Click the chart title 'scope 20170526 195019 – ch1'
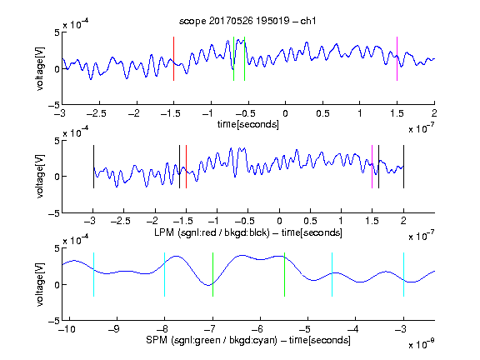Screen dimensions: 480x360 tap(247, 21)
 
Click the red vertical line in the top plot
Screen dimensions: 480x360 tap(173, 59)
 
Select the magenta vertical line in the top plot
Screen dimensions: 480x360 tap(397, 59)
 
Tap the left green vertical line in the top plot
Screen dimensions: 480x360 tap(233, 59)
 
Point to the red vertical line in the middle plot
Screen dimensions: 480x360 tap(186, 167)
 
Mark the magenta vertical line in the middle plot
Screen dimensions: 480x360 tap(372, 167)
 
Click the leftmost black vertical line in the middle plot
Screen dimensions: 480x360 tap(93, 167)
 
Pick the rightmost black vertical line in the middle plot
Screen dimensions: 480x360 tap(403, 167)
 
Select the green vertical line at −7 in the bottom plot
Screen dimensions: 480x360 tap(212, 275)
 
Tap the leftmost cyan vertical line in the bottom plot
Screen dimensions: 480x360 tap(93, 275)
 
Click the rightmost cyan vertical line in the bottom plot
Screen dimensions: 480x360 tap(403, 275)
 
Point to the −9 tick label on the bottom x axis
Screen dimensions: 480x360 tap(114, 329)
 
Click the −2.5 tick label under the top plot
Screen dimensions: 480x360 tap(96, 113)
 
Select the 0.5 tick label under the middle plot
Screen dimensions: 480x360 tap(310, 221)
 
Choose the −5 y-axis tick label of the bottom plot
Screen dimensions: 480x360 tap(54, 321)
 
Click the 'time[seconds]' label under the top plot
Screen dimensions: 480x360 tap(248, 124)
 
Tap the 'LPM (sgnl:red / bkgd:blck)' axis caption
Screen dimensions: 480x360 tap(212, 232)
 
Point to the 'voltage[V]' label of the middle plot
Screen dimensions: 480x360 tap(40, 176)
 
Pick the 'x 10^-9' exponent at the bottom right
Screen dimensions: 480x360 tap(421, 343)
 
